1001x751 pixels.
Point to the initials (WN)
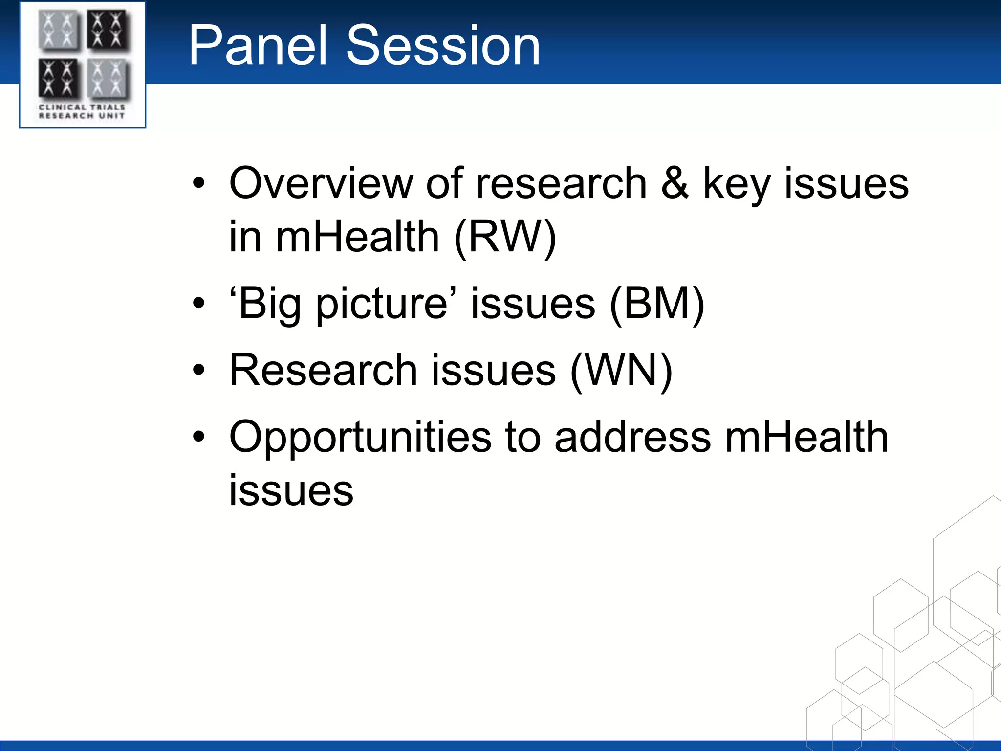(x=621, y=370)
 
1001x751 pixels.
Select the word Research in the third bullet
(x=323, y=370)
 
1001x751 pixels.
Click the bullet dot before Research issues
(x=198, y=370)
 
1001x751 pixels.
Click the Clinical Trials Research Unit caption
(x=82, y=111)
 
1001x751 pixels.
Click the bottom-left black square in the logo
(x=58, y=79)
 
